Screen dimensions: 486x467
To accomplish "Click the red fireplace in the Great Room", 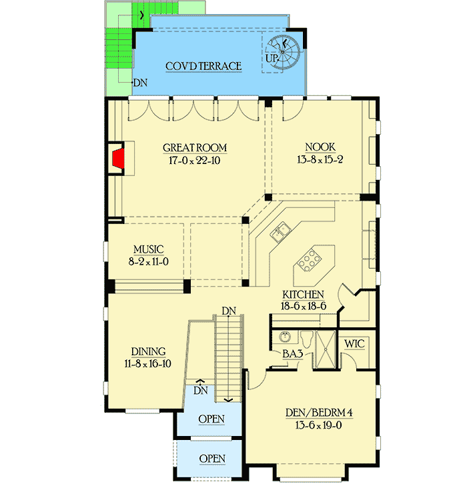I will pyautogui.click(x=119, y=160).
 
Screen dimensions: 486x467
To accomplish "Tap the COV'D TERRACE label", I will pyautogui.click(x=203, y=66).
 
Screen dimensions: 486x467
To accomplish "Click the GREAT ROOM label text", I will pyautogui.click(x=195, y=148).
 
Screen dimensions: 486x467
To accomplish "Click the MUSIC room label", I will pyautogui.click(x=147, y=250).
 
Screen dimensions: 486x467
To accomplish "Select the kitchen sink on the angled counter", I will pyautogui.click(x=279, y=233).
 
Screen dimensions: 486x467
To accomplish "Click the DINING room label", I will pyautogui.click(x=148, y=351).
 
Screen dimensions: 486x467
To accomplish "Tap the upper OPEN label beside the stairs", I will pyautogui.click(x=211, y=419).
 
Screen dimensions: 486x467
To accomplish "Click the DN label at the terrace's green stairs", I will pyautogui.click(x=139, y=83).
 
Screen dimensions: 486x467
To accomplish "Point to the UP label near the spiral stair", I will pyautogui.click(x=272, y=59).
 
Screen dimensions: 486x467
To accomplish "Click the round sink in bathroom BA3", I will pyautogui.click(x=285, y=337).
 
